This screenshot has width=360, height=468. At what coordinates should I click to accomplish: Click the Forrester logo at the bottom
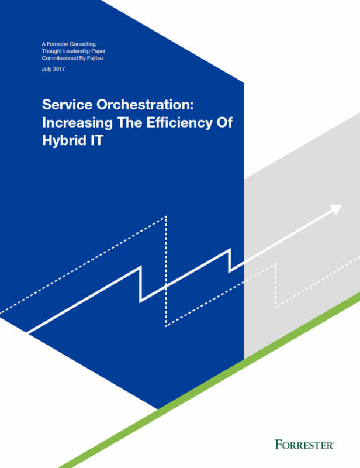pyautogui.click(x=304, y=445)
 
